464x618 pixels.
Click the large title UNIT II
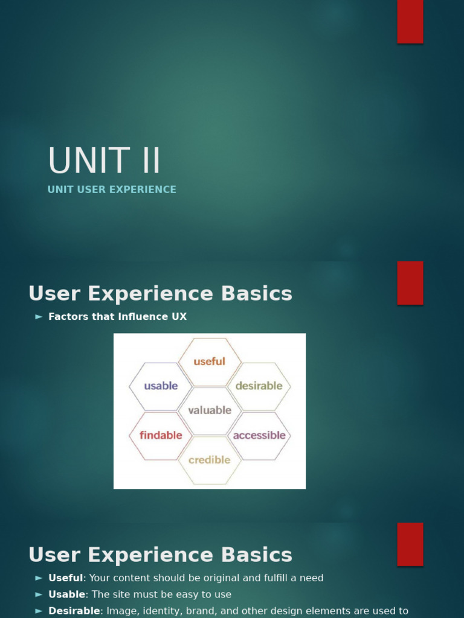point(104,162)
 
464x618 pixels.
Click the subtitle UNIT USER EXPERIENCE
point(112,190)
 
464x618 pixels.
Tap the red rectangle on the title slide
point(410,22)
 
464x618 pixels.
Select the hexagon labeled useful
point(210,362)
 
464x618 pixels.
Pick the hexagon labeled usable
point(161,386)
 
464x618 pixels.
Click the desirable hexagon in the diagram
point(259,386)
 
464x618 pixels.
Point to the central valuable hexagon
point(210,410)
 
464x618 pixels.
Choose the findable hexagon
point(161,435)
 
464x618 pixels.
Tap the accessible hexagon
point(259,435)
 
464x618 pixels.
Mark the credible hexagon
point(210,460)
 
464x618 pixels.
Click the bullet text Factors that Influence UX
point(117,317)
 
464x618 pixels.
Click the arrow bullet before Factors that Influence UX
point(39,317)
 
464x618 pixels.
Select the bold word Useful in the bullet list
point(65,578)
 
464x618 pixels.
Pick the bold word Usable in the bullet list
point(66,594)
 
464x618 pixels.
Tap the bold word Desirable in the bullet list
point(74,611)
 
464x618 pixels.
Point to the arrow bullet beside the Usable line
point(39,594)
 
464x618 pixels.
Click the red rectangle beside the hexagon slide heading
point(410,283)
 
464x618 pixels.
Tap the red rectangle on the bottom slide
point(410,544)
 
